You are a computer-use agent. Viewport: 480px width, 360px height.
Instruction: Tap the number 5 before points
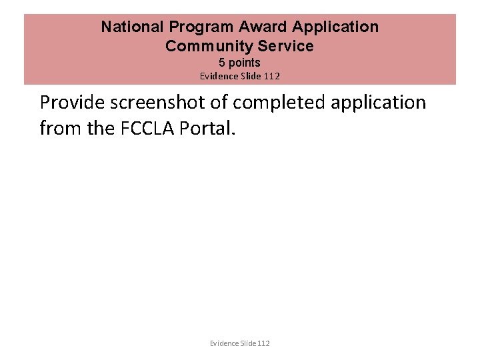point(222,63)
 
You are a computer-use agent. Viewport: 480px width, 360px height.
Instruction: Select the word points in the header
point(245,63)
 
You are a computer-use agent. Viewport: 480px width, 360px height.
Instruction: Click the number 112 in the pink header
point(272,76)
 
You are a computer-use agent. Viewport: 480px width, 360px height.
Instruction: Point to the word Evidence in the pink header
point(219,76)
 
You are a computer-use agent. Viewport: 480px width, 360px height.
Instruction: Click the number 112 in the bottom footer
point(263,343)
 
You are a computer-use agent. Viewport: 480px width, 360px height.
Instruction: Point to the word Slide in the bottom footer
point(248,343)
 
